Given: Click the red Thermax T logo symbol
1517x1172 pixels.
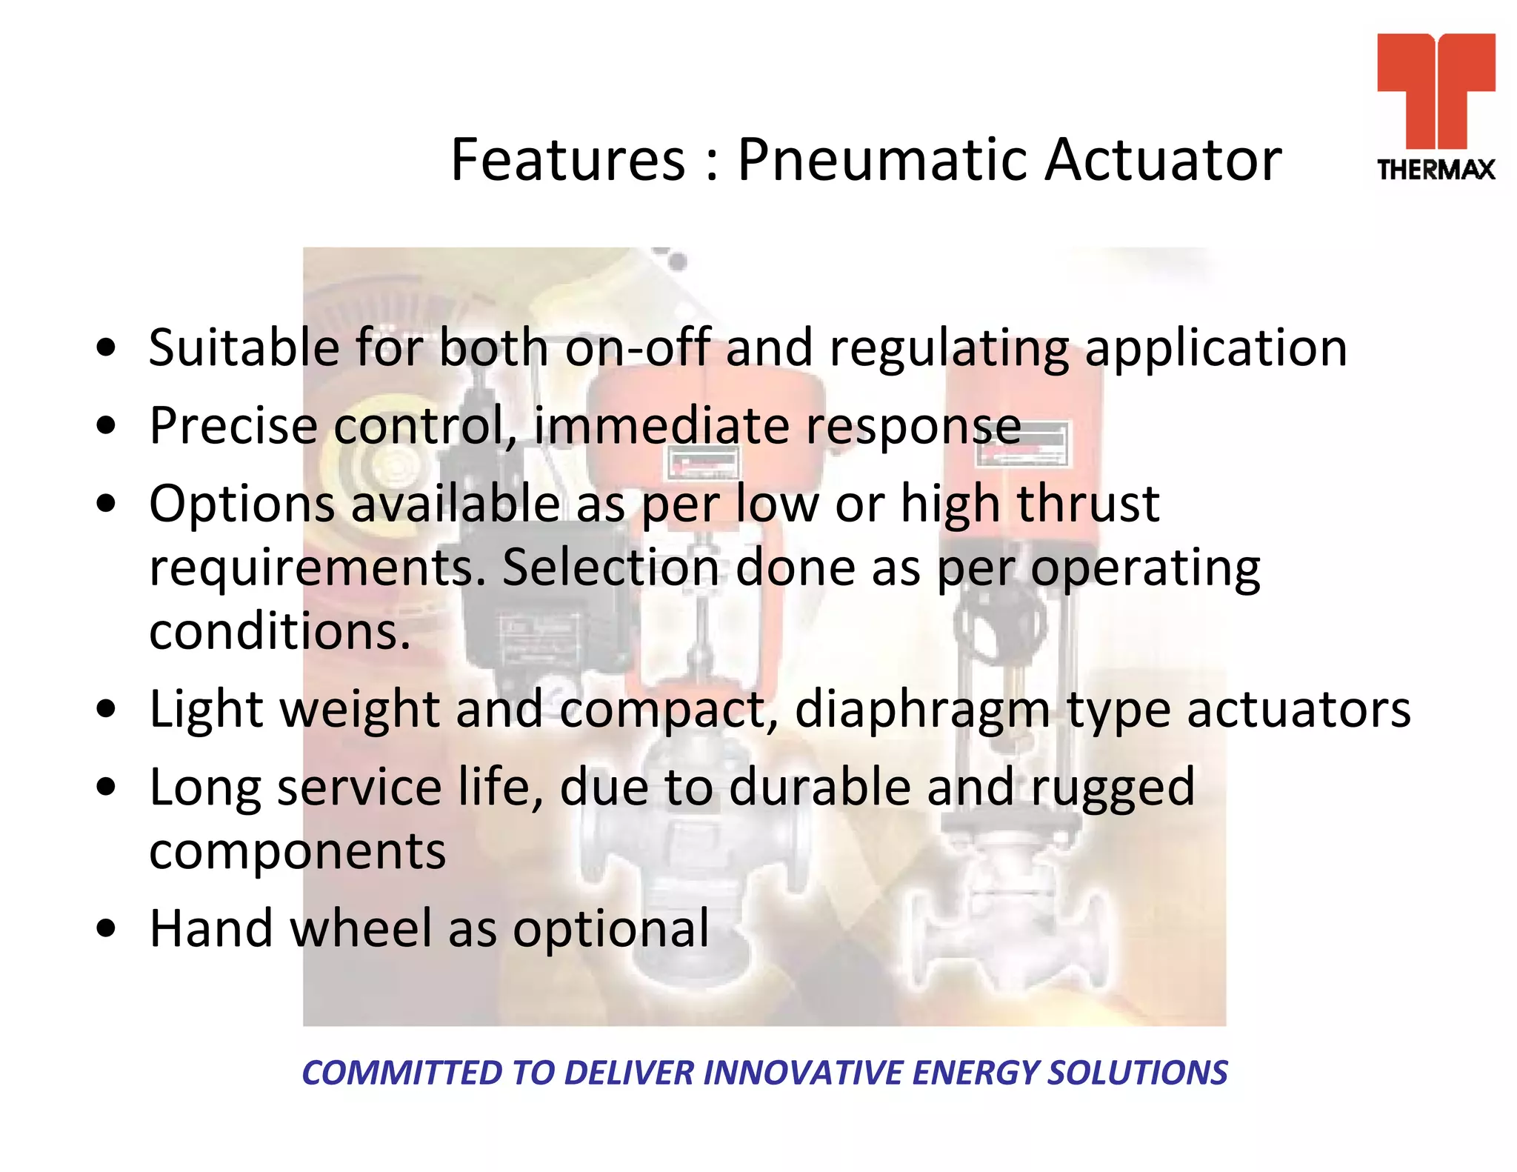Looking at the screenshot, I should tap(1436, 89).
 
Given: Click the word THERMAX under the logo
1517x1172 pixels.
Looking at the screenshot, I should tap(1436, 170).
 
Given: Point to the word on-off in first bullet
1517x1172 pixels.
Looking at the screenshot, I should tap(637, 347).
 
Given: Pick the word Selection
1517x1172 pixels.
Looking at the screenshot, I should tap(610, 567).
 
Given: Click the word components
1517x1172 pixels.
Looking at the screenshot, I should tap(297, 852).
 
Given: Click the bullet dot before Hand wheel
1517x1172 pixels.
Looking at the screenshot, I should tap(107, 928).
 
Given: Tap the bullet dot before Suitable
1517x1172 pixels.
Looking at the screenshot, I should tap(107, 347).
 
